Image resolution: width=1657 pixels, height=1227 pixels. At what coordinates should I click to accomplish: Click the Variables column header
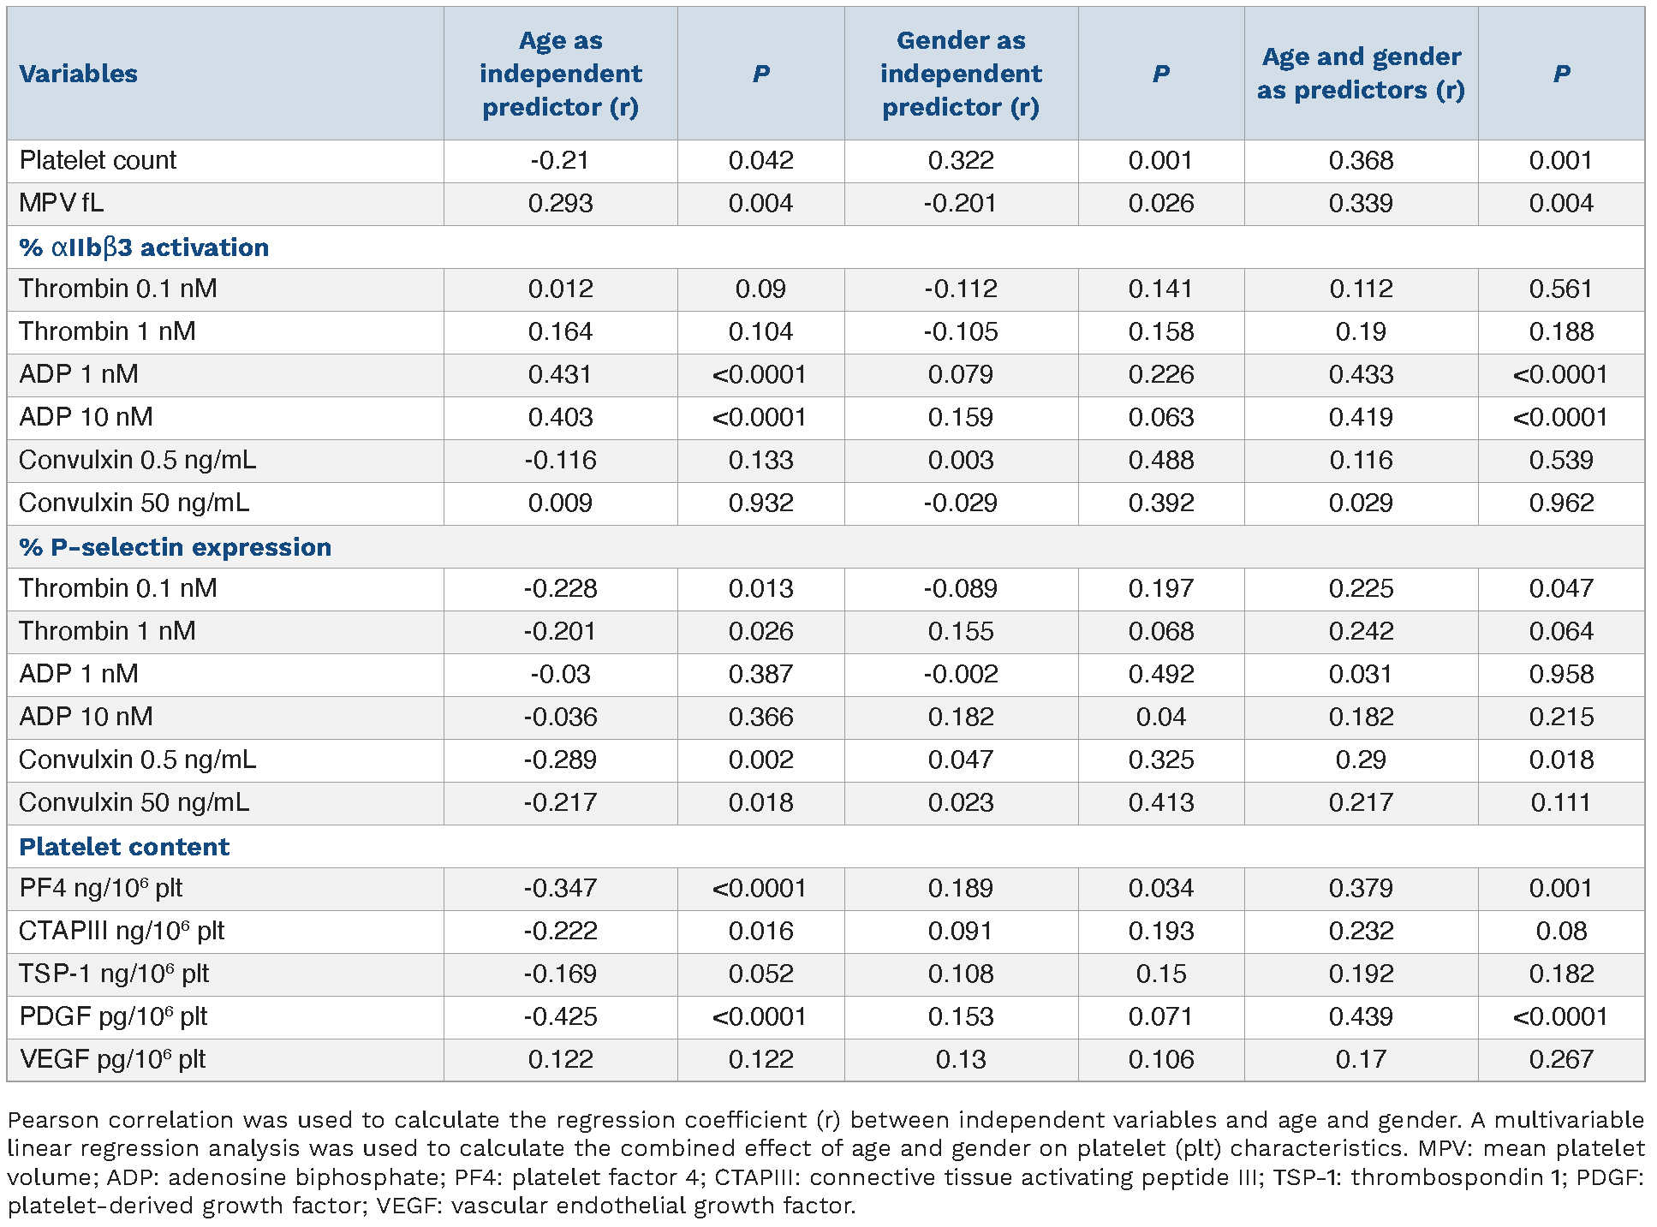(78, 74)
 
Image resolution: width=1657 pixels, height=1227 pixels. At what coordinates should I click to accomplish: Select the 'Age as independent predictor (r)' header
(561, 74)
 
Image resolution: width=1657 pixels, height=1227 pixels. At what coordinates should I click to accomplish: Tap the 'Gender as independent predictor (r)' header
(961, 74)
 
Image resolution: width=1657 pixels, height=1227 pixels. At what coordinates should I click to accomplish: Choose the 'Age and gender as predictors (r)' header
(1361, 74)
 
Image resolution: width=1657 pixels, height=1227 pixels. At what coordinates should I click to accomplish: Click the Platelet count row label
(98, 160)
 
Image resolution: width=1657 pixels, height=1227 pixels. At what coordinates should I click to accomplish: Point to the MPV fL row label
(61, 203)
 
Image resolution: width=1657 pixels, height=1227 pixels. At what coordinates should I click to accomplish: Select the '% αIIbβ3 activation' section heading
(144, 247)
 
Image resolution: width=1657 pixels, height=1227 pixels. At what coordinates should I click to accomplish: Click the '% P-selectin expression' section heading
(175, 547)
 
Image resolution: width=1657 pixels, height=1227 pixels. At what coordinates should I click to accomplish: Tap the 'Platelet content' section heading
(124, 847)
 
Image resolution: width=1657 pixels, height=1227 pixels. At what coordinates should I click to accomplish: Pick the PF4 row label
(101, 888)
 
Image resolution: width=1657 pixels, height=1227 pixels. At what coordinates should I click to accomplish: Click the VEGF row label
(112, 1059)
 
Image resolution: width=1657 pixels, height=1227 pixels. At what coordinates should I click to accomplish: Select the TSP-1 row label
(114, 974)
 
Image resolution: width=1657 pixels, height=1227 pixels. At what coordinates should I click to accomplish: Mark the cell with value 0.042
(760, 160)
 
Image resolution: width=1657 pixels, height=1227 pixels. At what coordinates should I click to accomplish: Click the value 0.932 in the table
(760, 503)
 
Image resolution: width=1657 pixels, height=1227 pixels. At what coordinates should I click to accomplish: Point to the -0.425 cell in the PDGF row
(561, 1016)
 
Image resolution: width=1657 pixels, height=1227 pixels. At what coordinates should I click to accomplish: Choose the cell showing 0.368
(1361, 160)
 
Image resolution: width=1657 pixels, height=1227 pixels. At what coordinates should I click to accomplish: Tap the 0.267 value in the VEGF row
(1561, 1059)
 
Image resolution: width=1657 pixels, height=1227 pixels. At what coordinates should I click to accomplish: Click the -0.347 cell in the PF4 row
(561, 888)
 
